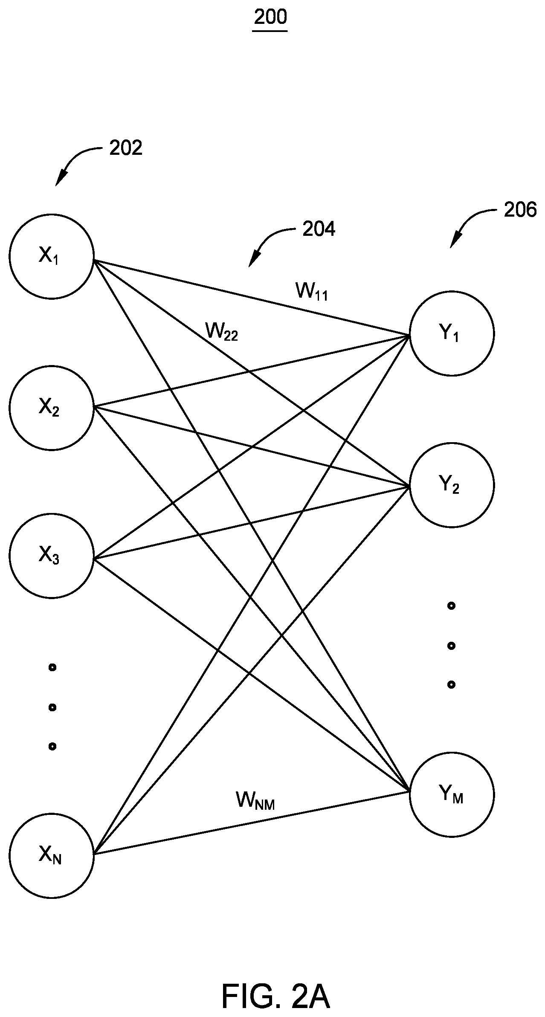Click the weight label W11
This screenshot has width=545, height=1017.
click(x=312, y=292)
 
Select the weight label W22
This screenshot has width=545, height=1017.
click(x=221, y=331)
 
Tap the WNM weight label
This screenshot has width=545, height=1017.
click(x=255, y=801)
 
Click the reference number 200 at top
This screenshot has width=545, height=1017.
click(x=270, y=18)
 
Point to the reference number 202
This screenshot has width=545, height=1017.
click(x=126, y=148)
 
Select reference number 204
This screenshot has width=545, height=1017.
click(x=319, y=229)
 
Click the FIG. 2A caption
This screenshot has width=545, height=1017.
click(x=275, y=985)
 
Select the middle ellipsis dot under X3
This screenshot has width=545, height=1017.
click(x=52, y=707)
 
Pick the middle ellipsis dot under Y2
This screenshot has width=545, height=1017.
click(x=451, y=646)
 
